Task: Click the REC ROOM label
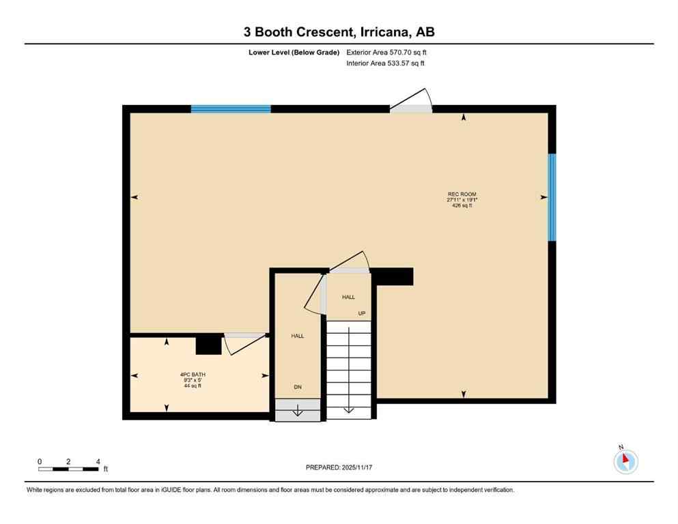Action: (x=462, y=194)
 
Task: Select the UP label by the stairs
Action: (x=362, y=314)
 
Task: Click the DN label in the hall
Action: (x=298, y=388)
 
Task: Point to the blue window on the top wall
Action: (x=231, y=108)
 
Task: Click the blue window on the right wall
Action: (x=552, y=197)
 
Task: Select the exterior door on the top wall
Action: (x=411, y=107)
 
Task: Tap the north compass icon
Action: (x=625, y=461)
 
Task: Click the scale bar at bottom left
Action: (x=68, y=469)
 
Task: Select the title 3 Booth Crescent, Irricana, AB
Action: (x=339, y=31)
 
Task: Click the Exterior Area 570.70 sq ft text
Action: (x=386, y=52)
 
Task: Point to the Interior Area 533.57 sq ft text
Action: (x=385, y=63)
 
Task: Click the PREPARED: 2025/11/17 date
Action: (x=339, y=467)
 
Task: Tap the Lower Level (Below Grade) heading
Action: (x=294, y=52)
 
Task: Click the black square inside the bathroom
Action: (x=209, y=345)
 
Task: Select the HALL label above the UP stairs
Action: (x=348, y=297)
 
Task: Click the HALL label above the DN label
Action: (x=298, y=336)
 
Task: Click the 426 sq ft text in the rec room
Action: (x=462, y=205)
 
